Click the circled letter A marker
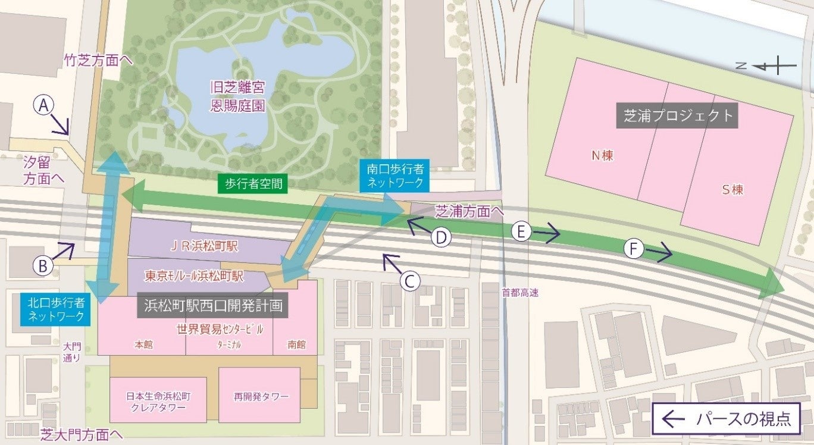pos(43,106)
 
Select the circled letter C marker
pos(409,281)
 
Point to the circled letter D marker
pos(441,237)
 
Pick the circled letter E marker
pos(521,232)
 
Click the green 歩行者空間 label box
pos(252,184)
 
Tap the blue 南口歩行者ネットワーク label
pos(394,176)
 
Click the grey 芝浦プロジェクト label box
pos(678,115)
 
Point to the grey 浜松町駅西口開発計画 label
pos(213,306)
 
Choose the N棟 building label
pos(602,156)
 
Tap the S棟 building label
pos(732,190)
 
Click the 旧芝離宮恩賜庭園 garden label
pos(237,97)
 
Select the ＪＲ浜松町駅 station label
pos(205,245)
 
